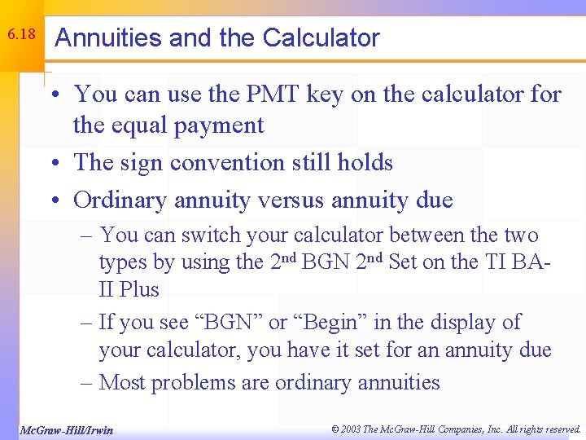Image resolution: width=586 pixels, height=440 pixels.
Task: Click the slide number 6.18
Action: (20, 35)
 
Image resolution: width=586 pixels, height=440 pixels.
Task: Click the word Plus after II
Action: (139, 289)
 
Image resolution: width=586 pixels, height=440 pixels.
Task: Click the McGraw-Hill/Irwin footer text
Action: (66, 429)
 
